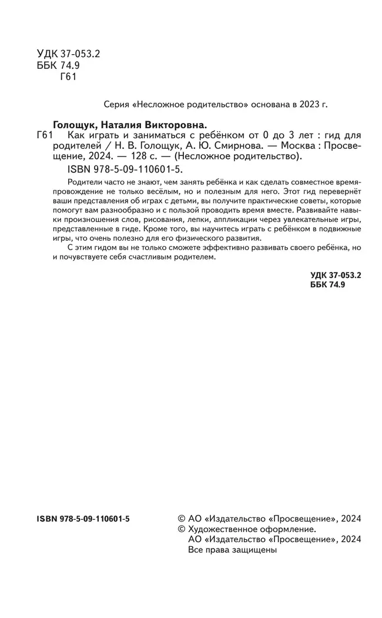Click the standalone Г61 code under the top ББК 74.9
pos(69,77)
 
